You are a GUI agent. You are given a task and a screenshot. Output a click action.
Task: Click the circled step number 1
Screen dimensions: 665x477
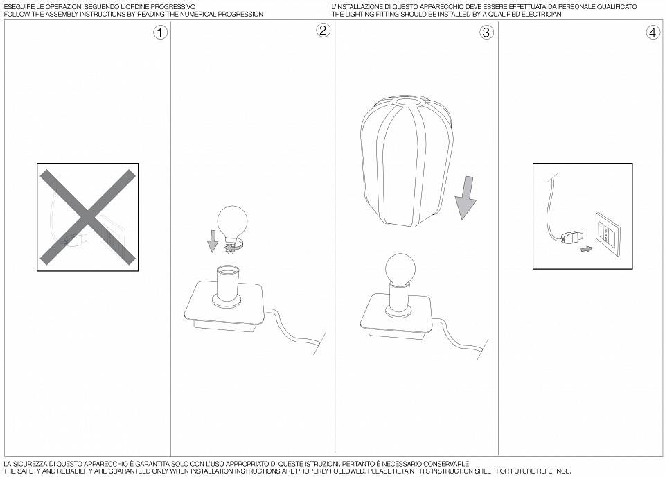(x=160, y=33)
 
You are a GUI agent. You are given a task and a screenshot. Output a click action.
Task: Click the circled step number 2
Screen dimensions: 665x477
(x=323, y=30)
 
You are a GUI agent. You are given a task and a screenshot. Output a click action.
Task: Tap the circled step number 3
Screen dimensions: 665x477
(x=486, y=33)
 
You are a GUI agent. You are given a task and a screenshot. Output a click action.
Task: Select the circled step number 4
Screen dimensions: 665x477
(x=653, y=33)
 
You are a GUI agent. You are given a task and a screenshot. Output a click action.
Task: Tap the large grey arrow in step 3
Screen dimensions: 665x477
(x=465, y=198)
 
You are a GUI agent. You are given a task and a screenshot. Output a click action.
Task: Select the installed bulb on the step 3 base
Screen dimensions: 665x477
(x=399, y=268)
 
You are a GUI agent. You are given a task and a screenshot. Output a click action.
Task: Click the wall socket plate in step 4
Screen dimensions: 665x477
(x=608, y=234)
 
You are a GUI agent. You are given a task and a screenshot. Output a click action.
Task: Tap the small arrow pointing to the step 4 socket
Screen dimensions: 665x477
(x=587, y=249)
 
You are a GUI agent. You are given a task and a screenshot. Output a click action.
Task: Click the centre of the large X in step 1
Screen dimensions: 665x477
(x=88, y=217)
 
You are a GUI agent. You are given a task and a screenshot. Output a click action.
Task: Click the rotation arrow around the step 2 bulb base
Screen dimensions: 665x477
(x=235, y=245)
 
